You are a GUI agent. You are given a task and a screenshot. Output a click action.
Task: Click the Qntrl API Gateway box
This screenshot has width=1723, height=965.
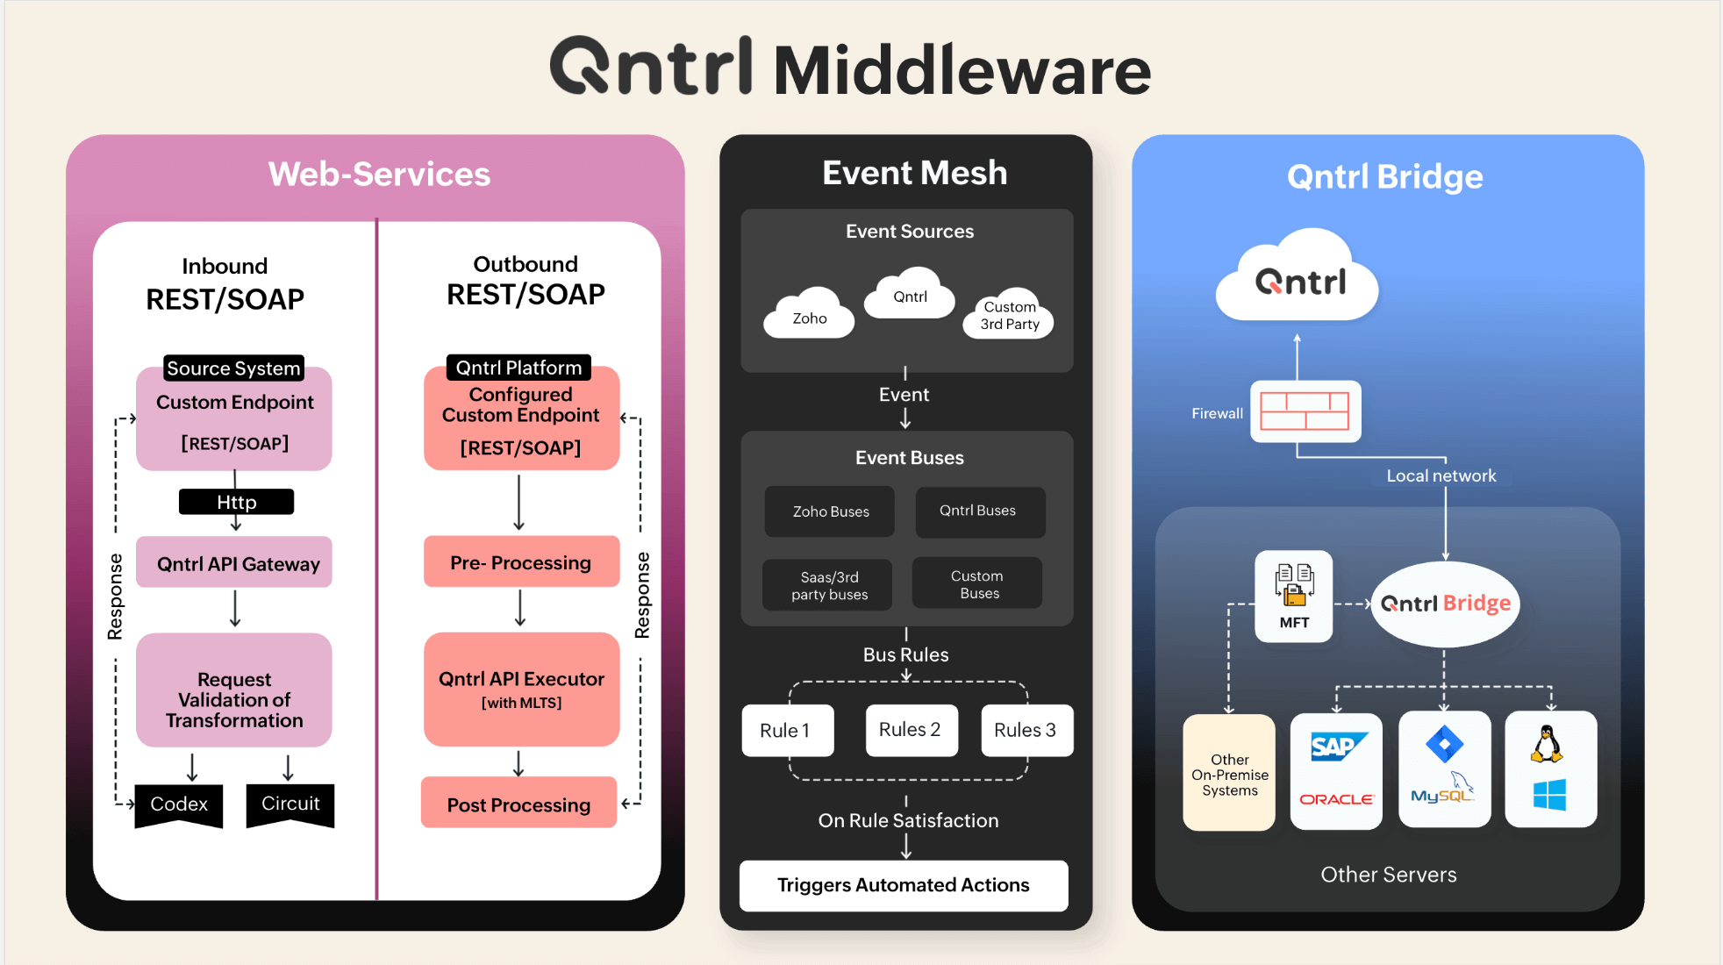pyautogui.click(x=234, y=562)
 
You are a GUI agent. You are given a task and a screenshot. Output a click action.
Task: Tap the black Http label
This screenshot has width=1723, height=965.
pyautogui.click(x=236, y=502)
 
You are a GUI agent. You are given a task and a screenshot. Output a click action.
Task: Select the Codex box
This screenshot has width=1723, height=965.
pyautogui.click(x=179, y=804)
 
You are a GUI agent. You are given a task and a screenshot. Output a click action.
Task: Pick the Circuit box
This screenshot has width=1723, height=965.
pyautogui.click(x=290, y=804)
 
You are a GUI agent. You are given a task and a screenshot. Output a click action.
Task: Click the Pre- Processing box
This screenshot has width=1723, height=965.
pyautogui.click(x=521, y=561)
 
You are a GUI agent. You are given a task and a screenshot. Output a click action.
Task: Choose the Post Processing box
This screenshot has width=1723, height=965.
pyautogui.click(x=518, y=804)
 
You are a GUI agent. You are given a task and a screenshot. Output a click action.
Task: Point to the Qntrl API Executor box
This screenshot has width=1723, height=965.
pyautogui.click(x=521, y=689)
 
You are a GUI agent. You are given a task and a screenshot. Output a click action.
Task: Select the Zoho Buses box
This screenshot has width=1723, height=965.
pyautogui.click(x=830, y=511)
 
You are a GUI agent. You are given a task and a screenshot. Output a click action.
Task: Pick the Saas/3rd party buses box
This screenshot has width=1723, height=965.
pyautogui.click(x=828, y=585)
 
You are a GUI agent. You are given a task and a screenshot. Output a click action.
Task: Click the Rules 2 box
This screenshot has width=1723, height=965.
pyautogui.click(x=911, y=730)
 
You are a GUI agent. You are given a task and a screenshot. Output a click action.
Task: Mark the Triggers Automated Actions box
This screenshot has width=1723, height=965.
pyautogui.click(x=904, y=885)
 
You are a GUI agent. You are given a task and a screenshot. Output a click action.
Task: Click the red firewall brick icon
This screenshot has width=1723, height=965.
pyautogui.click(x=1305, y=411)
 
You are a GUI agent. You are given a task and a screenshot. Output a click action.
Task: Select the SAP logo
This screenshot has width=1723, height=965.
pyautogui.click(x=1335, y=747)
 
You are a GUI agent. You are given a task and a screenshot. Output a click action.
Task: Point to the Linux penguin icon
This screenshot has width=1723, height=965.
pyautogui.click(x=1548, y=744)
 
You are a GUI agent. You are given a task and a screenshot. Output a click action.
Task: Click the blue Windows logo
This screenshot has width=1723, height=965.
pyautogui.click(x=1549, y=796)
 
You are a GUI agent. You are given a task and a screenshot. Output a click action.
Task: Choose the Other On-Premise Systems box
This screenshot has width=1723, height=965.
pyautogui.click(x=1229, y=773)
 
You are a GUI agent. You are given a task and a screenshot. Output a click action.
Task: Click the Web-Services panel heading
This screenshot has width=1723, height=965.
pyautogui.click(x=379, y=174)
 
